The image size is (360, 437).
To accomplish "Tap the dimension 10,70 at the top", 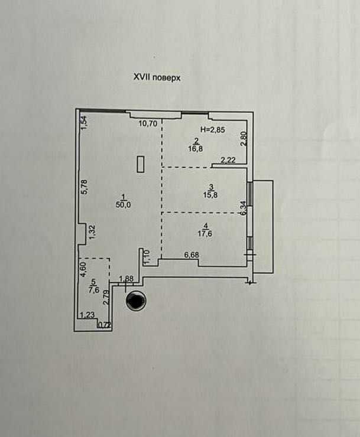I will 147,124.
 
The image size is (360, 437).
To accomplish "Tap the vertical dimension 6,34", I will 243,208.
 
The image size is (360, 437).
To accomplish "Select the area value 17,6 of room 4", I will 205,233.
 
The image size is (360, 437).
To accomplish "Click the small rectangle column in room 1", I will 141,164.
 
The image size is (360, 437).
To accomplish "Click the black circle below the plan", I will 136,301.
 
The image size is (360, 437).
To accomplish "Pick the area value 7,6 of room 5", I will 93,290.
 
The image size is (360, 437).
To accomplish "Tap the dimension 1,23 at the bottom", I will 87,316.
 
